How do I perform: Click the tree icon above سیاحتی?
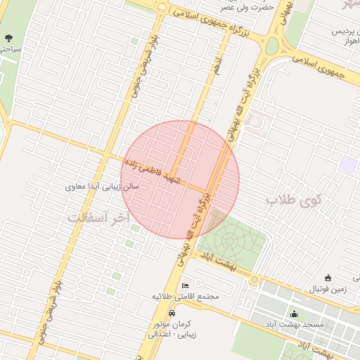(8, 38)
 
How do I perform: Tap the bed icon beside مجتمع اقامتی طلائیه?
(185, 285)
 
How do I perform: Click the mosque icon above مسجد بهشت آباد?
(293, 314)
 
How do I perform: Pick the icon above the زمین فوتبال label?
(328, 278)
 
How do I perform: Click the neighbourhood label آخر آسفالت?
(99, 218)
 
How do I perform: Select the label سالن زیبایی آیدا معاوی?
(102, 187)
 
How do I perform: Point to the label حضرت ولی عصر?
(227, 7)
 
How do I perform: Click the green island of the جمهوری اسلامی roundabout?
(271, 46)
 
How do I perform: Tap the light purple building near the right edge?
(348, 166)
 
